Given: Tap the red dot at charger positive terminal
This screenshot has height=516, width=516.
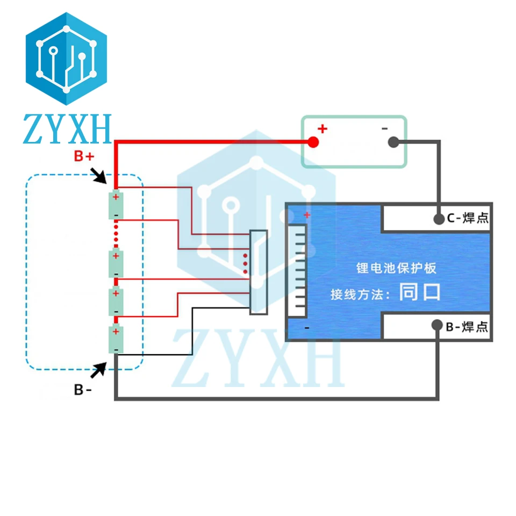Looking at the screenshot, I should coord(313,142).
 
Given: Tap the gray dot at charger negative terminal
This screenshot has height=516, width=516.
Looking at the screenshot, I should coord(393,142).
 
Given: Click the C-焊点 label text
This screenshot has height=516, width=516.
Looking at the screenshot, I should coord(468,219).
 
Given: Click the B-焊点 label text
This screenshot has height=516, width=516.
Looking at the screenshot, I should coord(468,326).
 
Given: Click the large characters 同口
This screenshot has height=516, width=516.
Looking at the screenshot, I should coord(420,292).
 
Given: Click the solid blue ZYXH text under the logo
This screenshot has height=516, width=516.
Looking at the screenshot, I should coord(67,129).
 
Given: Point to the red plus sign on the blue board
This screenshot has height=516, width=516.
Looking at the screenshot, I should coord(307,215).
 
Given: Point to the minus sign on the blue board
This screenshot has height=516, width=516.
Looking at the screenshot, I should coord(306,327).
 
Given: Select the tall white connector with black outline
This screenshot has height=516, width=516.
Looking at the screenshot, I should coord(258,272).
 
